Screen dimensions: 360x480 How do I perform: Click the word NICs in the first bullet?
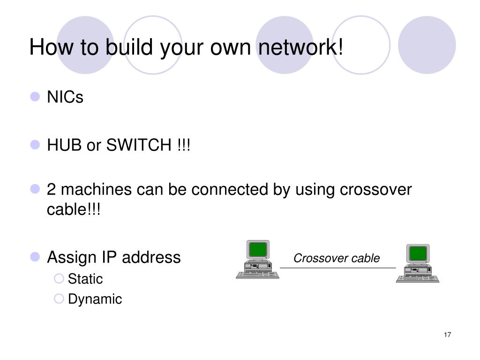click(x=65, y=98)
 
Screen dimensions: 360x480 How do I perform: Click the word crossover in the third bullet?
click(x=375, y=190)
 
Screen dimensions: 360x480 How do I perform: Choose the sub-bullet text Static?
click(x=85, y=279)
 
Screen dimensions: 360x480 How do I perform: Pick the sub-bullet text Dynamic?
click(x=95, y=299)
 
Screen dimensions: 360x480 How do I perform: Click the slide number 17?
click(x=447, y=335)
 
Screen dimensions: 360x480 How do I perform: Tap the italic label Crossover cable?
click(x=337, y=258)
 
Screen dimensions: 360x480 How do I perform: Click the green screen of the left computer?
click(x=258, y=249)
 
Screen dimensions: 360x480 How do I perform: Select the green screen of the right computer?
click(x=418, y=253)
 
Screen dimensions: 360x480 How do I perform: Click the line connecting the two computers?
click(x=337, y=268)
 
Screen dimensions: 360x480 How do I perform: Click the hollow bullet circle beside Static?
click(x=59, y=279)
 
